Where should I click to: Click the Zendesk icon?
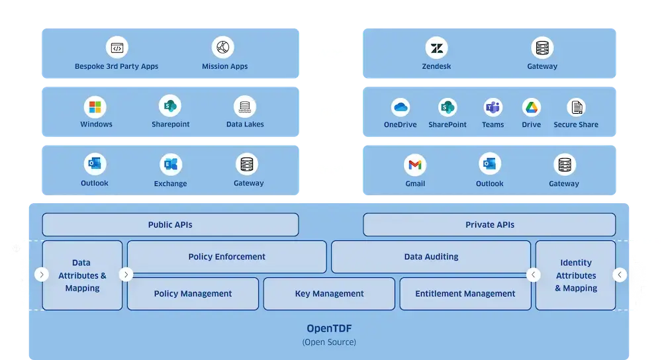point(437,48)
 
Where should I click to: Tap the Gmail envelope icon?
point(415,164)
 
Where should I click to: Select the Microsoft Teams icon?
point(493,107)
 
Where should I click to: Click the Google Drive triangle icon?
point(531,107)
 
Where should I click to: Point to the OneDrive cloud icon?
point(401,107)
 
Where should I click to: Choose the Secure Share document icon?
point(576,107)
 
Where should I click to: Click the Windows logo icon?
point(96,107)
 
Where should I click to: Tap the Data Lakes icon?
point(245,107)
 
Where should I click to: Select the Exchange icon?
point(170,165)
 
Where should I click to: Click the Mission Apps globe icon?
point(223,48)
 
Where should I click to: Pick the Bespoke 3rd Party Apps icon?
point(117,48)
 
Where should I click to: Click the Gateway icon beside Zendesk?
point(542,48)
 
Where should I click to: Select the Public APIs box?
point(170,225)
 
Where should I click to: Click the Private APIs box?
point(490,225)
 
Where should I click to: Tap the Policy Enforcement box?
point(226,257)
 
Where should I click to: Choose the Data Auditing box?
point(431,257)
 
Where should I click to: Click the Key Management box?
point(329,294)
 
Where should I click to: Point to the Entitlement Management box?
point(465,294)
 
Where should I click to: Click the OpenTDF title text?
point(329,328)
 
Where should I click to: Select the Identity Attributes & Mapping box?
point(575,275)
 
